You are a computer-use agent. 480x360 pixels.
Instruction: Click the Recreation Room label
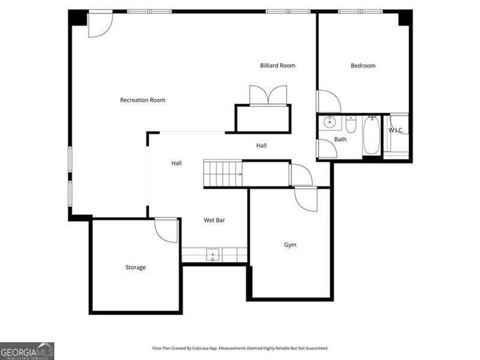(142, 100)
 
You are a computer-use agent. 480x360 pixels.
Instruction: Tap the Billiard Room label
(277, 66)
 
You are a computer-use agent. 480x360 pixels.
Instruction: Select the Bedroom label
(363, 66)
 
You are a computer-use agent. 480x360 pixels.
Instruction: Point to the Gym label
(290, 245)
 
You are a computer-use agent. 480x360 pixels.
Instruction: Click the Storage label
(135, 267)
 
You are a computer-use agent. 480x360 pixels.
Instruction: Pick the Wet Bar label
(214, 220)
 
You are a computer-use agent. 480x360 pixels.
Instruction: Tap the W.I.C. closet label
(396, 130)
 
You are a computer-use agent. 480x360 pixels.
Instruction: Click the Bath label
(340, 139)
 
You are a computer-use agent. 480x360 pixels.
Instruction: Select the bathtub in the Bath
(371, 135)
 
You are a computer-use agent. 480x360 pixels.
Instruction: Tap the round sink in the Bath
(330, 123)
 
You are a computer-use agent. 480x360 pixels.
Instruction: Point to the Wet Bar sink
(213, 255)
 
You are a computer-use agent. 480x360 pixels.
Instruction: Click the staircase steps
(222, 173)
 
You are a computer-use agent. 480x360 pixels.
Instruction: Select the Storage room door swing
(166, 230)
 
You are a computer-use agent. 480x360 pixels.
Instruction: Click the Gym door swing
(306, 199)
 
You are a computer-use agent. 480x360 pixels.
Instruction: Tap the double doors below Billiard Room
(268, 95)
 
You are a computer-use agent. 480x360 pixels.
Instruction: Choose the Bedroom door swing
(327, 101)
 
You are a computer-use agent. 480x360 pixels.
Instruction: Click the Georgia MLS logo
(27, 351)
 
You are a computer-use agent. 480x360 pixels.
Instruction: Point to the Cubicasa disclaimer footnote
(240, 348)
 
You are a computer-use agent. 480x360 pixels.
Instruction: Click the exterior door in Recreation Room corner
(100, 25)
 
